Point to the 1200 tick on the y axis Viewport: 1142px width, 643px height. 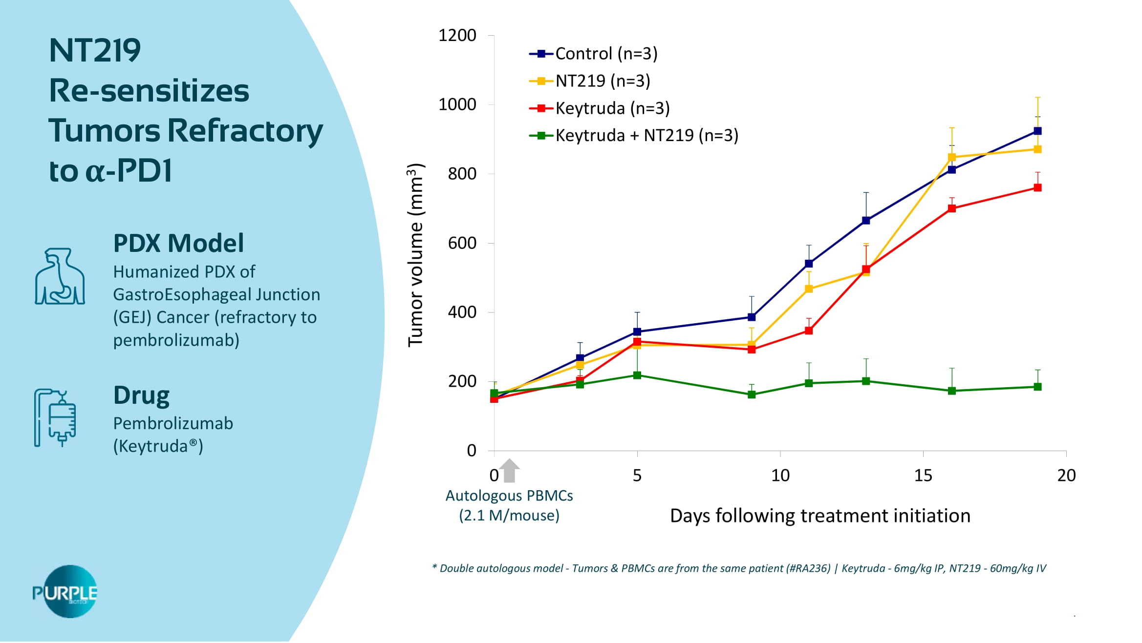(457, 36)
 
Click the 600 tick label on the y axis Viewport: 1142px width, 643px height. (462, 243)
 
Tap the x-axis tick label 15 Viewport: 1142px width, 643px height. (923, 475)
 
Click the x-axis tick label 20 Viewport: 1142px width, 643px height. (1066, 475)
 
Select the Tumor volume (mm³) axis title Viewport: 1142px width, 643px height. (416, 255)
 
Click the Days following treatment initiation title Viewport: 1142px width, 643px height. (820, 516)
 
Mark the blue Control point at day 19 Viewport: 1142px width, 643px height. (1037, 131)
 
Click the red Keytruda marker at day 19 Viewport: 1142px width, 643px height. (1037, 188)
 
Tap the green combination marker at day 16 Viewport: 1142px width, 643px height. (952, 391)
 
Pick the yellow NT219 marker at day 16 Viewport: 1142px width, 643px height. (952, 157)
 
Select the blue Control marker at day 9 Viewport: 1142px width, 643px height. (752, 317)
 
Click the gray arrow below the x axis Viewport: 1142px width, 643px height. (510, 470)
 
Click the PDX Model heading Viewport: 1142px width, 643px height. (178, 243)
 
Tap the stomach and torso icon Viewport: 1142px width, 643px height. (60, 277)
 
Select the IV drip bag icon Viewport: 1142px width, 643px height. (55, 417)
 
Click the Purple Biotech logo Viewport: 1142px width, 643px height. (65, 592)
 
